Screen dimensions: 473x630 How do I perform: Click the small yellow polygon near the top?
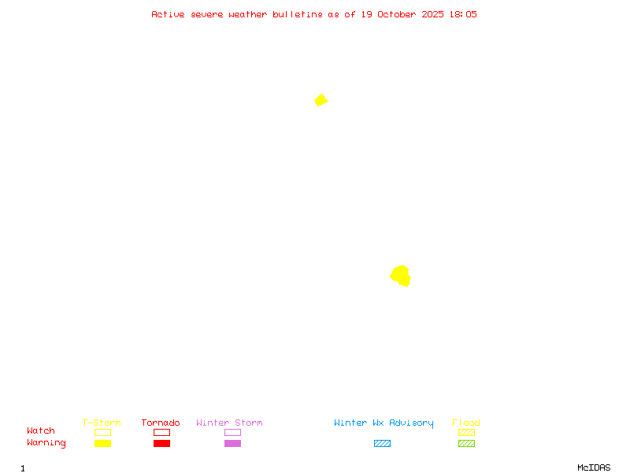pos(321,100)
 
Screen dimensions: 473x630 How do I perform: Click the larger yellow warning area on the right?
pos(401,275)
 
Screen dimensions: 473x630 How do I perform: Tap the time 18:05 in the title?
pos(463,14)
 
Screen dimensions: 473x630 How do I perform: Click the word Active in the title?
pos(168,14)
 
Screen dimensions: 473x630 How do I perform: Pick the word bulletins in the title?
pos(298,14)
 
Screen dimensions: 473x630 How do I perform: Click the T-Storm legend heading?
pos(102,423)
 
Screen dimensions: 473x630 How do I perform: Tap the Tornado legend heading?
pos(161,423)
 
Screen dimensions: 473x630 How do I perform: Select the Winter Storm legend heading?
pos(229,423)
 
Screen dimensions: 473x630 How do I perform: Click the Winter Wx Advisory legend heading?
pos(384,423)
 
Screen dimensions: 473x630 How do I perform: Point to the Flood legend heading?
pos(466,423)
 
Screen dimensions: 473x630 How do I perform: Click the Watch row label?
pos(41,431)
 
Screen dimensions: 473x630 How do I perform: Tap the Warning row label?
pos(46,443)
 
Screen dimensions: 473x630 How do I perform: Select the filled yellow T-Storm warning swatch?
pos(102,444)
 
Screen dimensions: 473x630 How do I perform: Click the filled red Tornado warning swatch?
pos(161,444)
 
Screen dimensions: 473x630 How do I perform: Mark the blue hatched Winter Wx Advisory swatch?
pos(382,444)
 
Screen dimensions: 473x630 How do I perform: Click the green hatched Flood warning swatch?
pos(466,444)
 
